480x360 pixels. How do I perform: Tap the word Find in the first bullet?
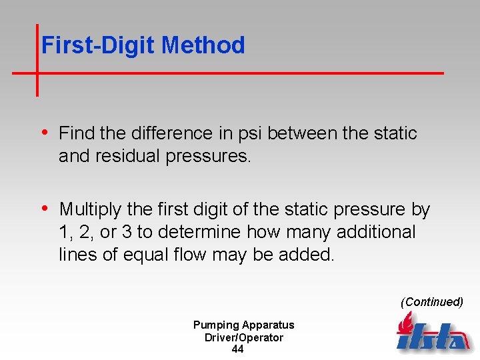(77, 133)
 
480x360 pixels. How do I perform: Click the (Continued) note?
(431, 302)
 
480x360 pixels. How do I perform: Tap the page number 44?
(237, 349)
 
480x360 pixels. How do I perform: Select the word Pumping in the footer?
(215, 325)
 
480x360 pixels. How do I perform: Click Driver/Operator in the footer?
(243, 337)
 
